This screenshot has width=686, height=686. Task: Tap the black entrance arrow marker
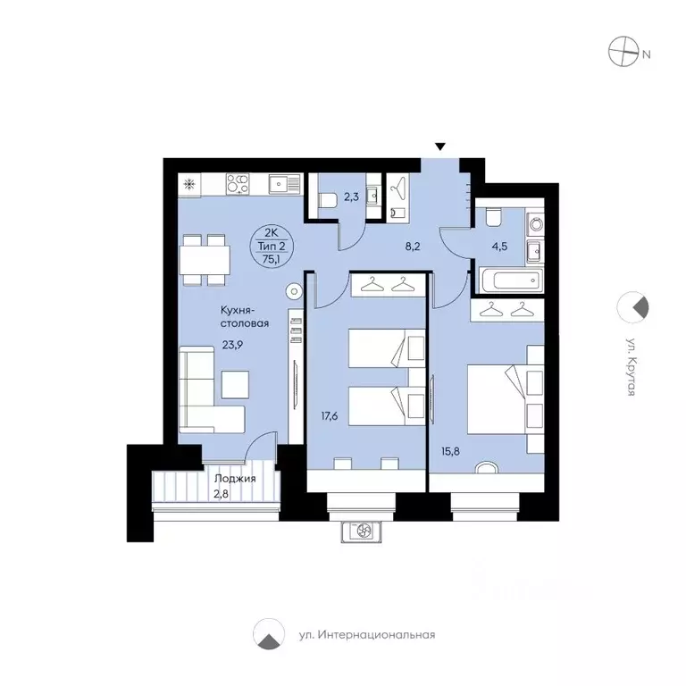click(x=439, y=146)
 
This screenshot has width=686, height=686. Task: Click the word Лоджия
click(x=235, y=479)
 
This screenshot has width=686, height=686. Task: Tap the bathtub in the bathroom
click(x=509, y=280)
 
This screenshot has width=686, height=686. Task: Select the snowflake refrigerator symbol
click(x=189, y=185)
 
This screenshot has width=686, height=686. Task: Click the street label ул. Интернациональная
click(x=366, y=635)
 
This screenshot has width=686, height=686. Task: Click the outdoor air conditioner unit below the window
click(x=363, y=531)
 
